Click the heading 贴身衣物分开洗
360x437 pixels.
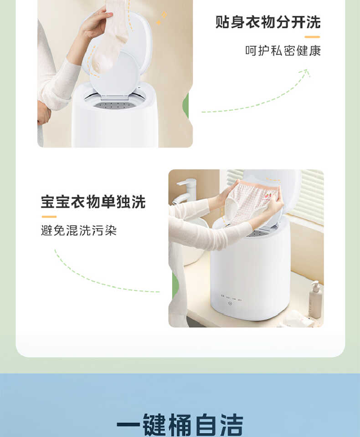pyautogui.click(x=268, y=22)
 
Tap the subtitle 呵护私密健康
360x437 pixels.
pyautogui.click(x=283, y=51)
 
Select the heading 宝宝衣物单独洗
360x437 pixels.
pyautogui.click(x=93, y=202)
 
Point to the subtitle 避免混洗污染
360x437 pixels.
pyautogui.click(x=79, y=231)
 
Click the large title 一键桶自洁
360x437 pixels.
pyautogui.click(x=180, y=424)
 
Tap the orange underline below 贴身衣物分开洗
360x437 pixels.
pyautogui.click(x=312, y=37)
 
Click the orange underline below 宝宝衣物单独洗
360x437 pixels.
pyautogui.click(x=49, y=217)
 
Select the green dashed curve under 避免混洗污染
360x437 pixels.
pyautogui.click(x=100, y=280)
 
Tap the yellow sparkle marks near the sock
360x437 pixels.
pyautogui.click(x=161, y=18)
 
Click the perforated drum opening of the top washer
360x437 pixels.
pyautogui.click(x=116, y=105)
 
